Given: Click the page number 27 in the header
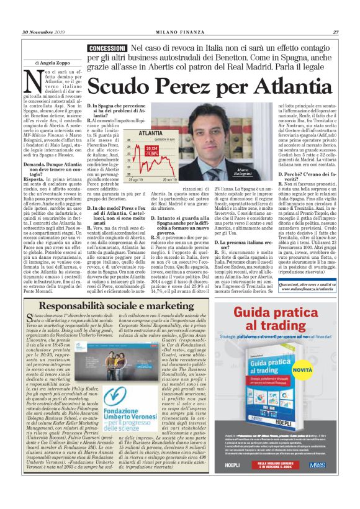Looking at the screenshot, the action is (x=335, y=32).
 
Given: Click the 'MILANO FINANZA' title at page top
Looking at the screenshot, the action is (x=180, y=32).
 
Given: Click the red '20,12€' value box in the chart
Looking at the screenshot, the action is (x=151, y=149).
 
